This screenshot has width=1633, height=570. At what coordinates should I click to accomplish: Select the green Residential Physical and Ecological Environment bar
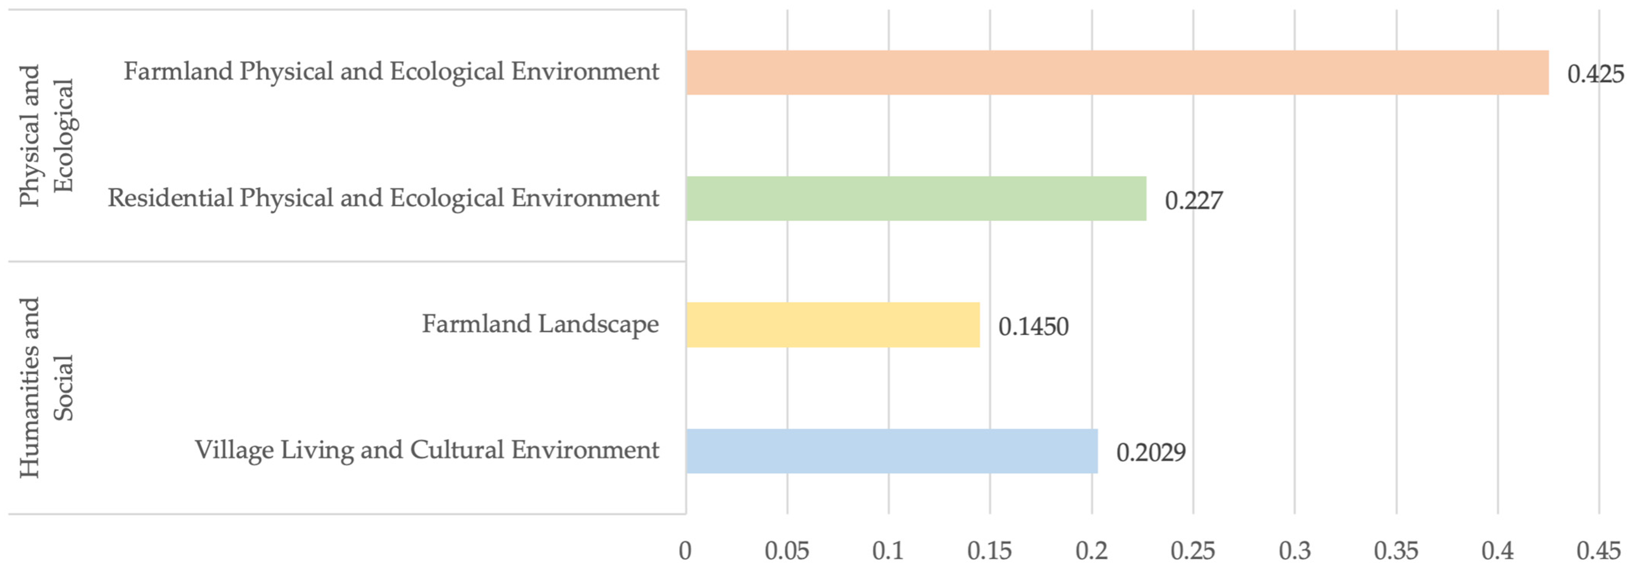click(916, 199)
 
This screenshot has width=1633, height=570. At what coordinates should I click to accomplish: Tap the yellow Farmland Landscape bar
click(832, 325)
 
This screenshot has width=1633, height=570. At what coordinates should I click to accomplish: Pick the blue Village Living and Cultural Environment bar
click(891, 451)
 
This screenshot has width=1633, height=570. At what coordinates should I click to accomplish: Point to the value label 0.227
click(1193, 200)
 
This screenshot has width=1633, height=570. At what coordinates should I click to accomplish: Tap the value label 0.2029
click(1151, 452)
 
